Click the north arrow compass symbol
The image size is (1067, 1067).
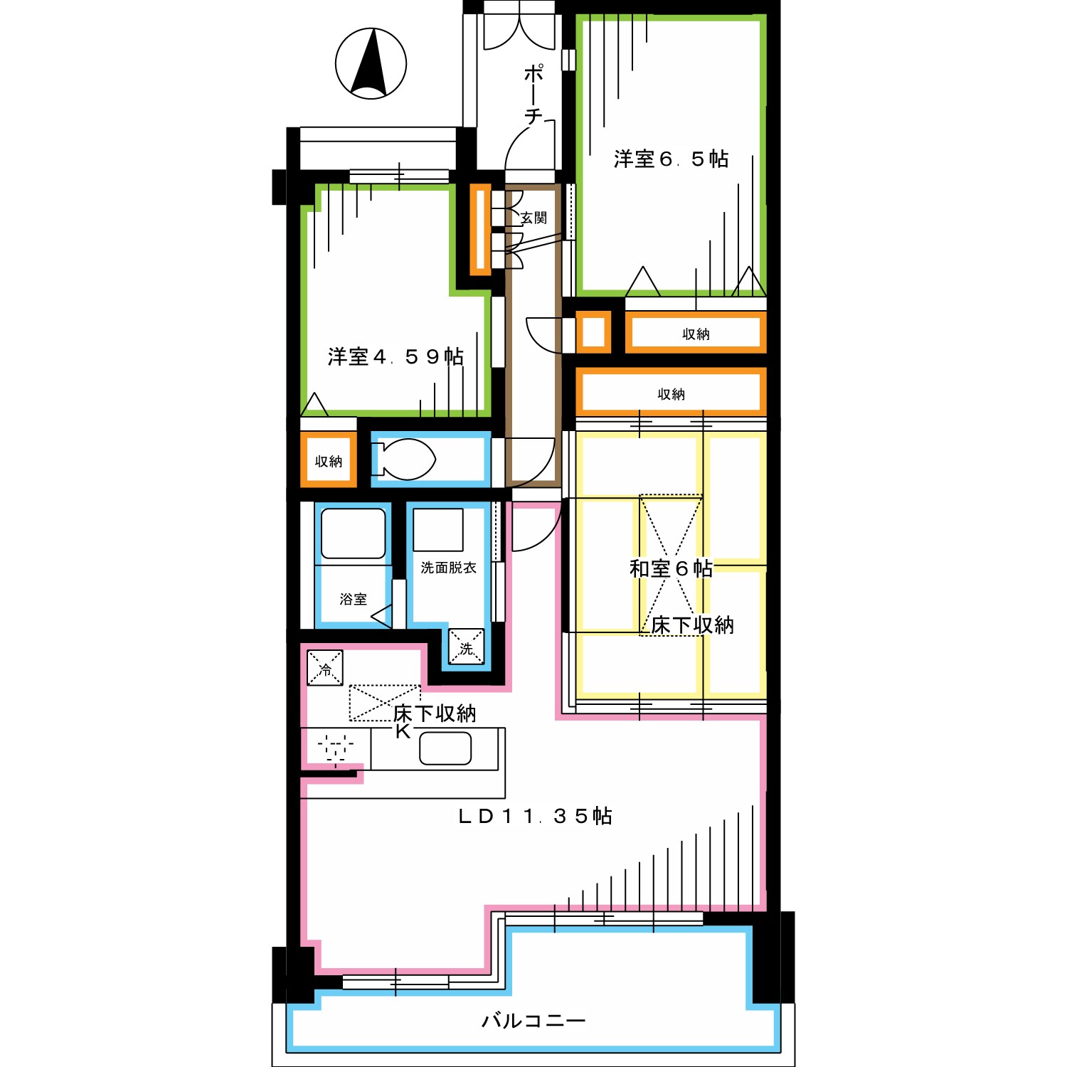point(371,63)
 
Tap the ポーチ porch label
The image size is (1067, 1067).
point(533,95)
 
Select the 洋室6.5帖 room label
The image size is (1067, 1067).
point(671,159)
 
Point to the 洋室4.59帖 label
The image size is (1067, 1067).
point(396,356)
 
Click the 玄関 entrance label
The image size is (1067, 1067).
point(533,218)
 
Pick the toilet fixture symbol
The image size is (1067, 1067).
point(403,460)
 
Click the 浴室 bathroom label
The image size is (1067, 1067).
point(354,599)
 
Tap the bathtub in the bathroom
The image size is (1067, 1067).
point(354,533)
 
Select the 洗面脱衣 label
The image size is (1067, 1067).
point(448,567)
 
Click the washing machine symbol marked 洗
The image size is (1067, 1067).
point(466,646)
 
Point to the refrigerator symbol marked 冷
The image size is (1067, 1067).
point(325,668)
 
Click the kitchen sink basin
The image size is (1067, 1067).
point(445,748)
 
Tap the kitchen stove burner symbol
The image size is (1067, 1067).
point(336,748)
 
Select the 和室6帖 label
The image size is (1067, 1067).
point(671,568)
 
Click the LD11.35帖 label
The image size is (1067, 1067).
point(535,816)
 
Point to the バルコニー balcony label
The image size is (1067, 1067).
point(533,1021)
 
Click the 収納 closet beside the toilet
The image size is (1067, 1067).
point(329,461)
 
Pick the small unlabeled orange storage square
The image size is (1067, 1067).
point(593,332)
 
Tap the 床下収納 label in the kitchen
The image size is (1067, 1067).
point(435,713)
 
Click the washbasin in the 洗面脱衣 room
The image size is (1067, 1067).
point(438,530)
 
